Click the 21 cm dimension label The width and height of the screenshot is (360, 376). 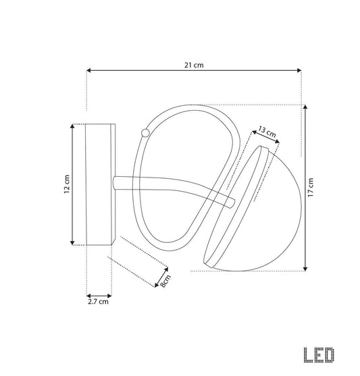pyautogui.click(x=194, y=65)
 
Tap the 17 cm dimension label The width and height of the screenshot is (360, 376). pyautogui.click(x=311, y=188)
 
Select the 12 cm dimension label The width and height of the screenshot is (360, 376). pyautogui.click(x=67, y=184)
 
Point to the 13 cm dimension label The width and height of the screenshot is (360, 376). pyautogui.click(x=267, y=132)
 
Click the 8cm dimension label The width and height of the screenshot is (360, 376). pyautogui.click(x=165, y=281)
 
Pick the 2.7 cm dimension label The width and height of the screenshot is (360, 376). pyautogui.click(x=98, y=302)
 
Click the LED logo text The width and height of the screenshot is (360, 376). pyautogui.click(x=319, y=355)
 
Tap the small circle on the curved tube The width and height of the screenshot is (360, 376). pyautogui.click(x=145, y=133)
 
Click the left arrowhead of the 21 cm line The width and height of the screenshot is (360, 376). pyautogui.click(x=88, y=70)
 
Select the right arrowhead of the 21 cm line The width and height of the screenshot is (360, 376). pyautogui.click(x=299, y=70)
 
